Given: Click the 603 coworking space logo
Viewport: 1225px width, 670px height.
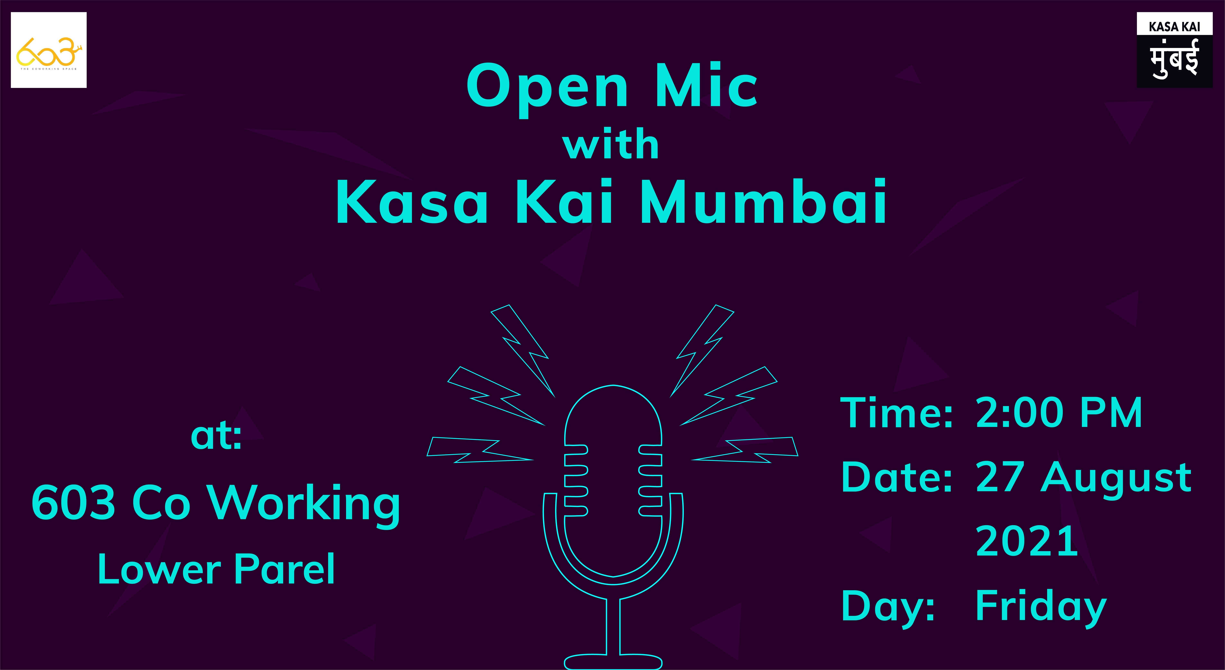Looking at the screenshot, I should pyautogui.click(x=49, y=50).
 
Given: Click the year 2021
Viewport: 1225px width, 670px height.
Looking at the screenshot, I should pyautogui.click(x=1026, y=541).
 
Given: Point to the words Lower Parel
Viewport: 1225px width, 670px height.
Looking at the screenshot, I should pyautogui.click(x=216, y=569).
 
